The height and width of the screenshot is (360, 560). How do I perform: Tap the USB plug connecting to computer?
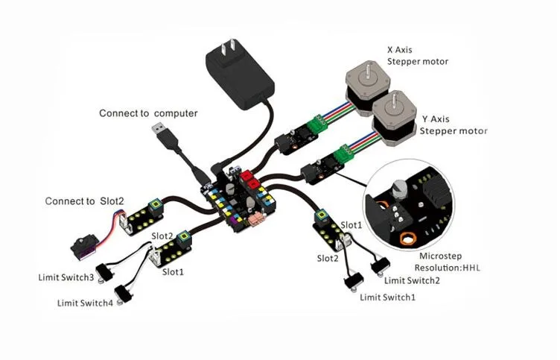tap(162, 135)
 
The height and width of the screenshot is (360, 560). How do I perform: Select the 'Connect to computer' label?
tap(148, 113)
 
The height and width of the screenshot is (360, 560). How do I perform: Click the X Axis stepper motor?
tap(367, 87)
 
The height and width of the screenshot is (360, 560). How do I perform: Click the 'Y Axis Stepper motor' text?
tap(453, 124)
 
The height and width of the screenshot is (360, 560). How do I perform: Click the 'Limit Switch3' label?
tap(66, 278)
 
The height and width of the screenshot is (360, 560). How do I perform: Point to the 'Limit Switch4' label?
tap(86, 303)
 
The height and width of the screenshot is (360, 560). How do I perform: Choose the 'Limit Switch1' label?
tap(387, 297)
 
